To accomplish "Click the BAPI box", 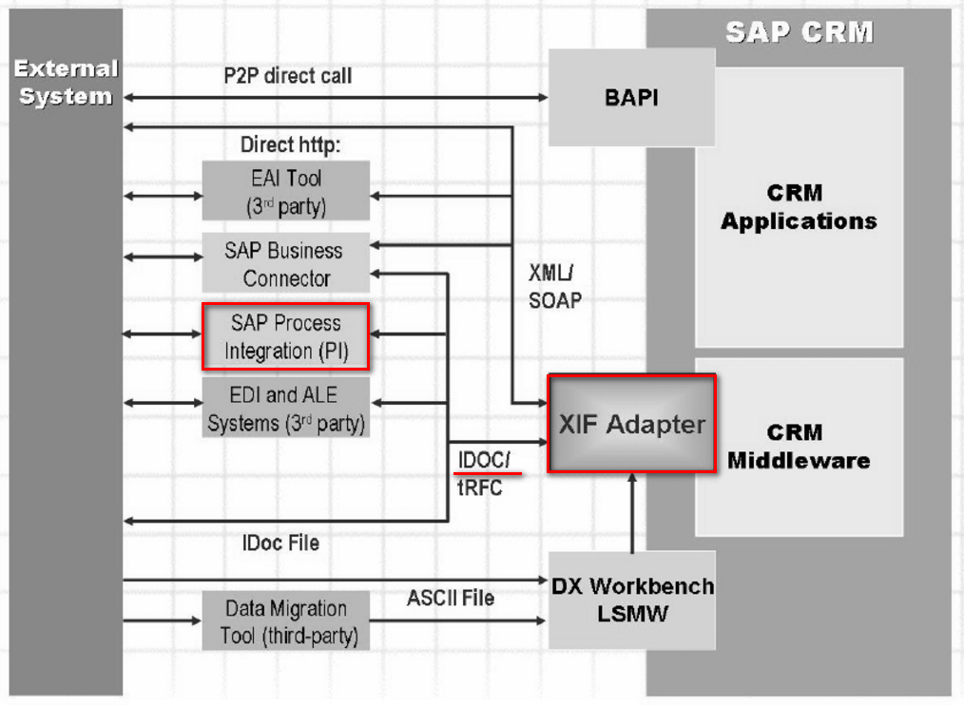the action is [x=631, y=97].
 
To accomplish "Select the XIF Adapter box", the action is [x=632, y=424].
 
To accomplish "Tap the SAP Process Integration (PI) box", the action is [x=286, y=336].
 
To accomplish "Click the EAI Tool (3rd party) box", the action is [x=286, y=191].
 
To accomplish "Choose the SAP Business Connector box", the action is [x=286, y=263].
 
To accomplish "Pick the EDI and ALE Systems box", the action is [x=286, y=408].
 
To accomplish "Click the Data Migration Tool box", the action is [x=286, y=620].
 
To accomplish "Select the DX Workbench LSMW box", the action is [x=632, y=600].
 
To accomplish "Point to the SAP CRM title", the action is [x=800, y=32].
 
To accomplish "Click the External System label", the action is [x=66, y=83].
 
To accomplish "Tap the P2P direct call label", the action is [x=288, y=76].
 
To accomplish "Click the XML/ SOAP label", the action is [x=554, y=286].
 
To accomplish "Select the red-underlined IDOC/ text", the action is [x=484, y=460].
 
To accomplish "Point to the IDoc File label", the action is [x=281, y=543].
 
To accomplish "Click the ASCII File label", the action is [x=451, y=598].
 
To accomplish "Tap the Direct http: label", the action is [x=290, y=144].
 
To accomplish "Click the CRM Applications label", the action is [x=799, y=206].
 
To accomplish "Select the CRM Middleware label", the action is [x=799, y=447].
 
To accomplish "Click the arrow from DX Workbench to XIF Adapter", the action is [x=632, y=513].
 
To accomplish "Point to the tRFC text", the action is [x=479, y=488].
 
